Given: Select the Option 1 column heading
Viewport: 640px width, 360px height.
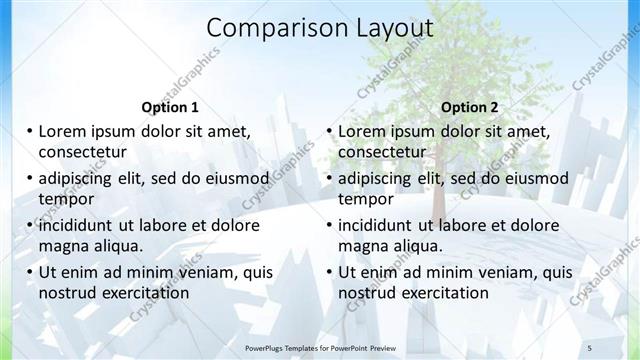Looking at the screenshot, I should (x=170, y=107).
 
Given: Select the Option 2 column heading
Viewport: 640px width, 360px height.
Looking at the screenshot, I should (x=469, y=107).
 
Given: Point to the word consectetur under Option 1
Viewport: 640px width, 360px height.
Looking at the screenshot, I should (x=81, y=152).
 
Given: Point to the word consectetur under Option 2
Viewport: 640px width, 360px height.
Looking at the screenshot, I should (x=381, y=152).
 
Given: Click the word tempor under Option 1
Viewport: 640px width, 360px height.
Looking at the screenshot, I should (x=65, y=199).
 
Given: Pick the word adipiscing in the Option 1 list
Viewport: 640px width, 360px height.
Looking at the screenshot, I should (x=80, y=179).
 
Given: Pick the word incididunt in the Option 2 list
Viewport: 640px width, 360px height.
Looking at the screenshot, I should (x=381, y=225).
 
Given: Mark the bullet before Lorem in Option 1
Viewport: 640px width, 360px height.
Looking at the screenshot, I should (x=29, y=131).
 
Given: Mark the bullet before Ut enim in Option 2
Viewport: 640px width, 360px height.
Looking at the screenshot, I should (x=329, y=272).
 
